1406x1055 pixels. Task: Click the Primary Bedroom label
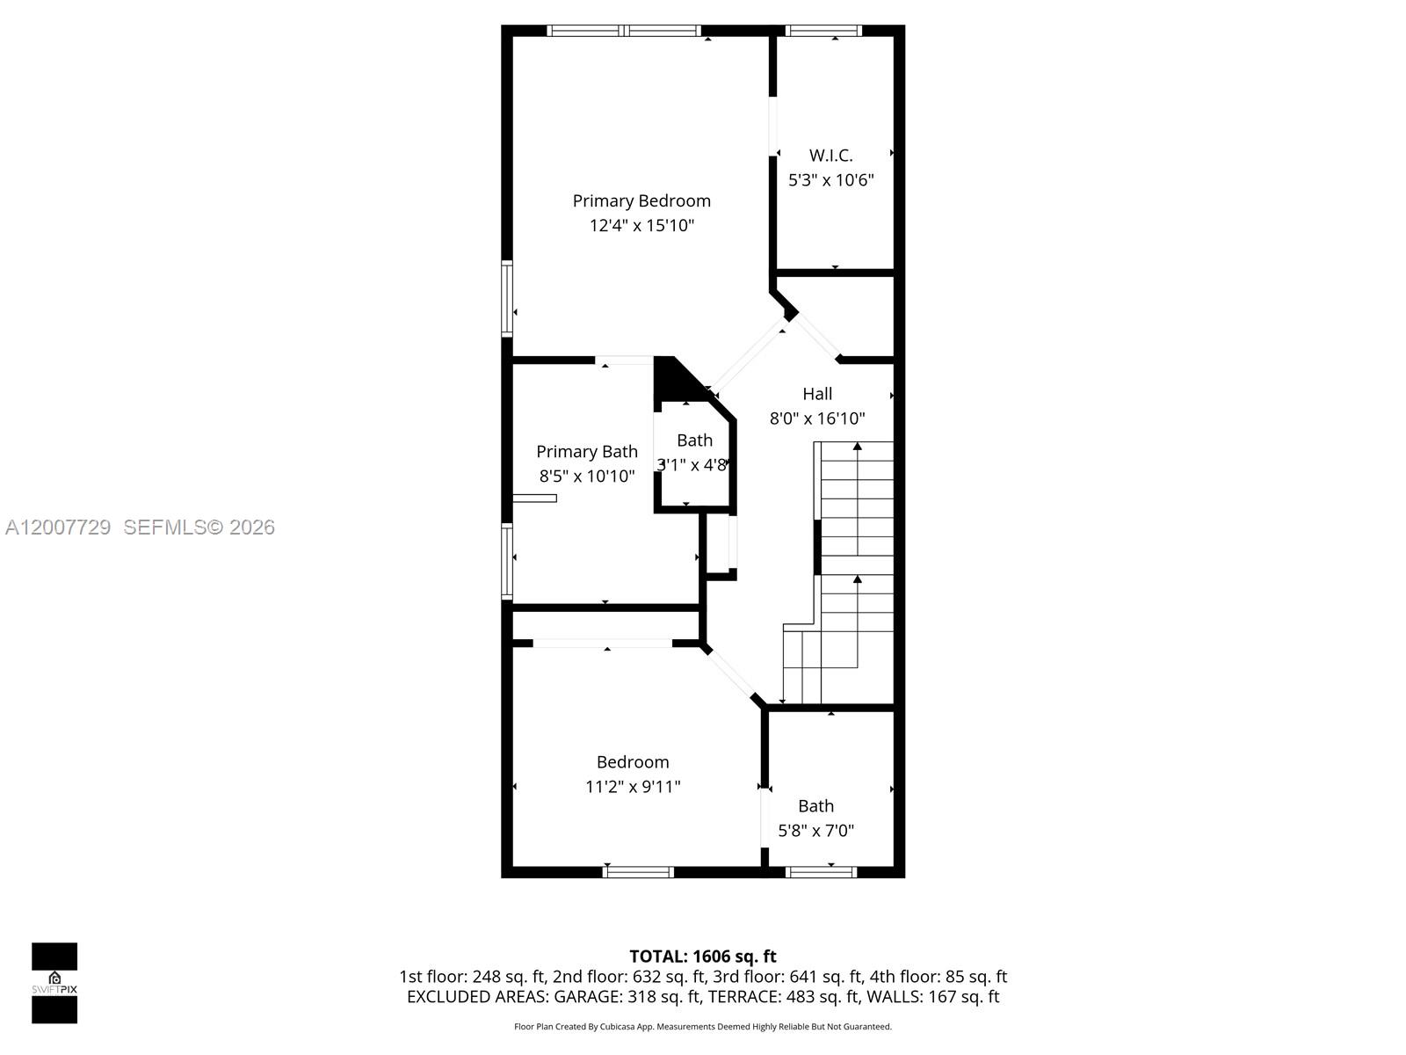(641, 201)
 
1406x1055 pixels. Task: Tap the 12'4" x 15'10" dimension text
(641, 226)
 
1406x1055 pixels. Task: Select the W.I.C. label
(830, 156)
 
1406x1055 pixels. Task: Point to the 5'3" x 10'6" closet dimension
(830, 180)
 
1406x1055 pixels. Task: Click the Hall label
(817, 394)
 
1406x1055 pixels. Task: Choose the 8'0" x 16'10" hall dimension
(817, 418)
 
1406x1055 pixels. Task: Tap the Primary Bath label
(587, 452)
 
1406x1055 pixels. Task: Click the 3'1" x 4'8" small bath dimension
(692, 465)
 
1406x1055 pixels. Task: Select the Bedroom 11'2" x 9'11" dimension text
(633, 787)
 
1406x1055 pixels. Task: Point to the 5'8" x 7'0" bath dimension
(815, 831)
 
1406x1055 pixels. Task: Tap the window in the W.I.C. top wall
(823, 31)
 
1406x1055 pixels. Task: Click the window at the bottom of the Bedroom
(639, 872)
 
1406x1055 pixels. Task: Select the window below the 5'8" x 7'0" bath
(821, 872)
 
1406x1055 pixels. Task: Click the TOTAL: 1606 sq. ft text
(703, 957)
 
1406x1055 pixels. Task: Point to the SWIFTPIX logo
(54, 983)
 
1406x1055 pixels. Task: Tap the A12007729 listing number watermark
(58, 527)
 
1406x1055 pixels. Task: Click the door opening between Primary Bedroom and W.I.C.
(773, 126)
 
